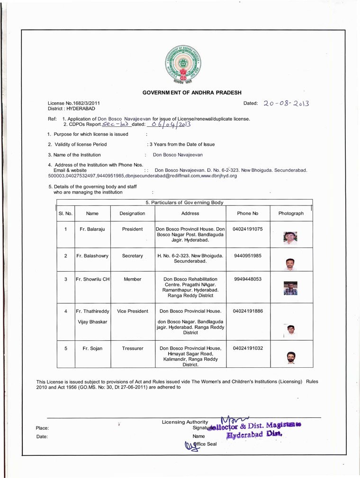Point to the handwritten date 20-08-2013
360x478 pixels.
coord(286,103)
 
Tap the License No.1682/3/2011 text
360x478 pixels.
coord(74,103)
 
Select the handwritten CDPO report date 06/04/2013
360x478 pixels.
coord(169,124)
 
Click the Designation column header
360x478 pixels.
coord(132,213)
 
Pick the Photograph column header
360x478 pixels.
coord(291,213)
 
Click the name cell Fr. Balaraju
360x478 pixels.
coord(92,229)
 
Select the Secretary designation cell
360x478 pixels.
coord(132,256)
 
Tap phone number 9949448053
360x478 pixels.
coord(248,279)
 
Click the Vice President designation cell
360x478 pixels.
coord(132,311)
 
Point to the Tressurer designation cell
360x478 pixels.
coord(132,348)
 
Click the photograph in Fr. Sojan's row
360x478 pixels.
coord(291,357)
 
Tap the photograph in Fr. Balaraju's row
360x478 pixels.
coord(290,238)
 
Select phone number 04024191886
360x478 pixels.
coord(248,311)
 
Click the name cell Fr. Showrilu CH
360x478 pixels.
coord(92,279)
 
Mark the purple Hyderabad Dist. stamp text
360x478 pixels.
coord(255,434)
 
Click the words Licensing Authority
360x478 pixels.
coord(185,422)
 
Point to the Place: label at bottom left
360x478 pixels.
coord(42,428)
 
